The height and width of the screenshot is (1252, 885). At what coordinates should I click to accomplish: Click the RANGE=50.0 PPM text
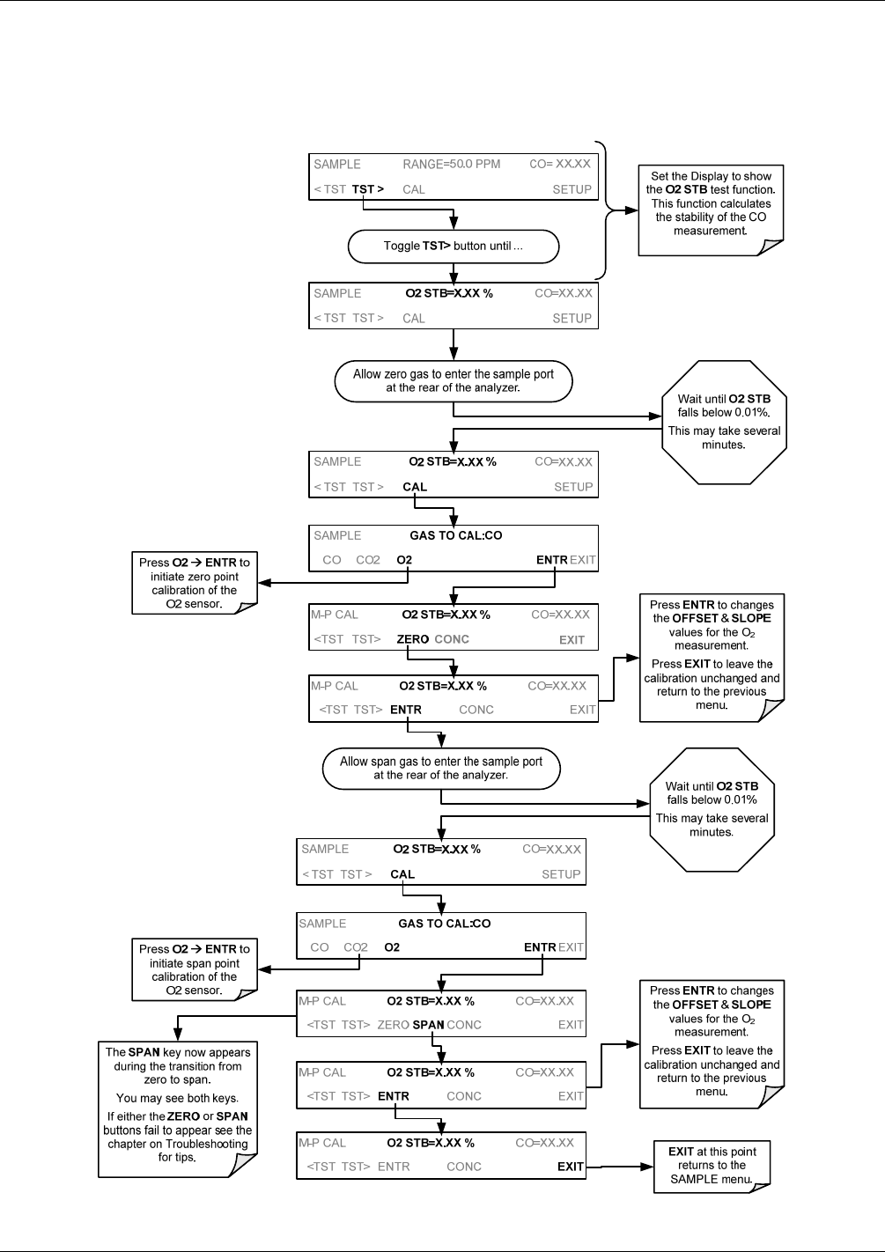451,165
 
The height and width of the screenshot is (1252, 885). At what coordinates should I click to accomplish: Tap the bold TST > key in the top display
368,189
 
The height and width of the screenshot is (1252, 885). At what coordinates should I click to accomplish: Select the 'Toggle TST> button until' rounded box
454,247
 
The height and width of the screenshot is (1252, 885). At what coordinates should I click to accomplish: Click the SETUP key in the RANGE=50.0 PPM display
572,189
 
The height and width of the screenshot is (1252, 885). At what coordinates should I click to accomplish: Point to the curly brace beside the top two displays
606,210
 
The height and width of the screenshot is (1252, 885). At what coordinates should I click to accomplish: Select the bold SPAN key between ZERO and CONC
428,1025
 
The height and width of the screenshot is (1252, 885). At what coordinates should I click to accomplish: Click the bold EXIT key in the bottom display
571,1167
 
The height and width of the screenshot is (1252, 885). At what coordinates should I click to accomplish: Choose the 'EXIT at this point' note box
712,1167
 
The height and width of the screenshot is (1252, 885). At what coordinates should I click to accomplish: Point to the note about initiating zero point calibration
195,583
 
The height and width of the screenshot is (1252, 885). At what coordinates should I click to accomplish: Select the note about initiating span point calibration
195,969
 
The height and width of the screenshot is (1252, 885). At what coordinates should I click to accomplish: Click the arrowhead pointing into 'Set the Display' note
631,210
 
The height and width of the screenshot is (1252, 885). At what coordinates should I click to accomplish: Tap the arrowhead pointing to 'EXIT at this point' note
647,1167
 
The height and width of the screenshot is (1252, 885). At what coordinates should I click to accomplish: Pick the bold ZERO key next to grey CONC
413,639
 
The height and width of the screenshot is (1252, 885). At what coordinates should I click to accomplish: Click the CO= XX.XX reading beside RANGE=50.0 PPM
560,165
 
